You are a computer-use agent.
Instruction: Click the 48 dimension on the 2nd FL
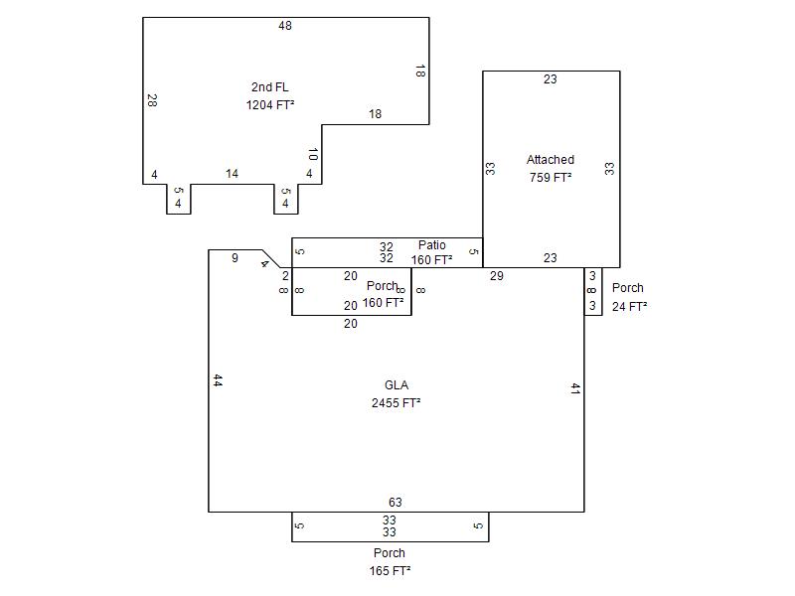285,26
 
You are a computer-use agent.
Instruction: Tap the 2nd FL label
269,87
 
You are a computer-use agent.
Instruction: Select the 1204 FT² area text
270,105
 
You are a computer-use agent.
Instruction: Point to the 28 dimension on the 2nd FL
152,100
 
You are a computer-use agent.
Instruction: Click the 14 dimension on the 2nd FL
232,174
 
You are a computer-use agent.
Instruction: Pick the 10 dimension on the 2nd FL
313,154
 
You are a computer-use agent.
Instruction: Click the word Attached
551,160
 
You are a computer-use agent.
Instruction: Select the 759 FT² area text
551,178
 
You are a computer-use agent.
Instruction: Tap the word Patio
432,245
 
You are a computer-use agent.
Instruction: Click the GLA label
397,385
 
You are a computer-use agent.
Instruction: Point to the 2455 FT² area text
396,403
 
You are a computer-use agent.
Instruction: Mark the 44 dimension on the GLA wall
218,380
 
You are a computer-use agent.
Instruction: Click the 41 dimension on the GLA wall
575,388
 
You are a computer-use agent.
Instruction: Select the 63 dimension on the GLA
395,503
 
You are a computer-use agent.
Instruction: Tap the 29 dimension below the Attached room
496,276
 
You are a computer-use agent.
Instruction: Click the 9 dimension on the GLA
235,258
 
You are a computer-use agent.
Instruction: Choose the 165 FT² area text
390,570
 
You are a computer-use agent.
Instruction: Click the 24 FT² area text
629,307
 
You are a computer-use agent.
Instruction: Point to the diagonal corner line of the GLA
271,259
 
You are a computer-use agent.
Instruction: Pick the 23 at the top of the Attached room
551,79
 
